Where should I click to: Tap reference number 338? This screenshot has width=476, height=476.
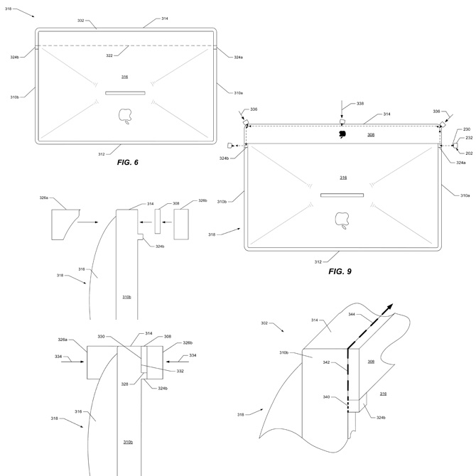tap(359, 104)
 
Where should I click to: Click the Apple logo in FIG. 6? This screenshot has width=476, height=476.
tap(125, 115)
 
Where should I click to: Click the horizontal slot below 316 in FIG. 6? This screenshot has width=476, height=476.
tap(125, 92)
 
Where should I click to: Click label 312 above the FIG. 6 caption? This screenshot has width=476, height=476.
tap(101, 152)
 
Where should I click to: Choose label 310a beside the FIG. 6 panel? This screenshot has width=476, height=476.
tap(237, 92)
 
